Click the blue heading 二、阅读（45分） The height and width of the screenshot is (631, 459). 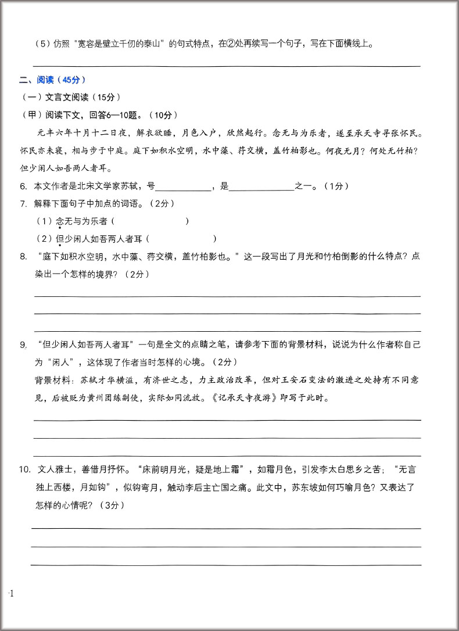click(53, 80)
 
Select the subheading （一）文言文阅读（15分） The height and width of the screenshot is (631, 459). click(70, 97)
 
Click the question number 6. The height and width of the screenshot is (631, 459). click(23, 187)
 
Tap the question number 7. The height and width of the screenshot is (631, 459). click(23, 204)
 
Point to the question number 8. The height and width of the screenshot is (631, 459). click(23, 256)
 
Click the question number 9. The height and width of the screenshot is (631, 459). click(23, 345)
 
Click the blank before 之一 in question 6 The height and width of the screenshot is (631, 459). click(262, 187)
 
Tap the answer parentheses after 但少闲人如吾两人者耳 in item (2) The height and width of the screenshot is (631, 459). click(182, 239)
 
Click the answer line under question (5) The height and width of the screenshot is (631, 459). click(227, 66)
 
